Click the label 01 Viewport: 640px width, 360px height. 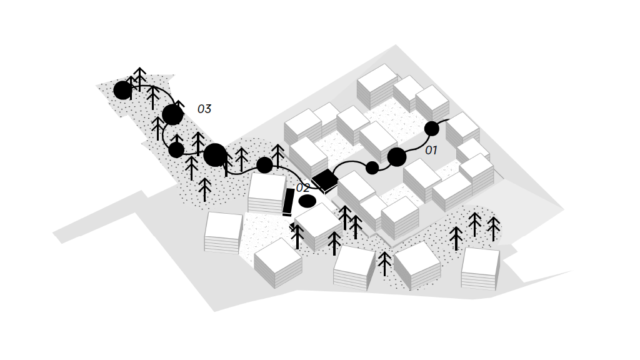(431, 150)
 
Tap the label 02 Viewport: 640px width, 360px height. (303, 187)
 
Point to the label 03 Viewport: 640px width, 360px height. (204, 109)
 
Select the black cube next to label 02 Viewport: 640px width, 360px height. (325, 181)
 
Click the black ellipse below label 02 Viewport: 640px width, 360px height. (307, 201)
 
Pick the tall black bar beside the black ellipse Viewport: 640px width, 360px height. (288, 202)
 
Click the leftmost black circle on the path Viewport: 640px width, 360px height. (122, 90)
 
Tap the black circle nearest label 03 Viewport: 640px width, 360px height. (172, 115)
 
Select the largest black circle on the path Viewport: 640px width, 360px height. (215, 155)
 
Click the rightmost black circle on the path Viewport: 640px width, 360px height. (432, 129)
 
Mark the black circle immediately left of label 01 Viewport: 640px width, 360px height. (397, 157)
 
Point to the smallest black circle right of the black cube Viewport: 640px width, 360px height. (372, 167)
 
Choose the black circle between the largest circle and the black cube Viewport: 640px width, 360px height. (264, 165)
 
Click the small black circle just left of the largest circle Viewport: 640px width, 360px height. (176, 150)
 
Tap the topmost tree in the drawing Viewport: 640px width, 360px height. (139, 79)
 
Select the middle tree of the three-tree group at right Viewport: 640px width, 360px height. (474, 224)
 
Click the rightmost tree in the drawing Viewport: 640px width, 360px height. (494, 229)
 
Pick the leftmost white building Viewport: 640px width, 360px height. (223, 232)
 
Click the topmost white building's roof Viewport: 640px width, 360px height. (376, 77)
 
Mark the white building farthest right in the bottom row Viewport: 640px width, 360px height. (481, 269)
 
